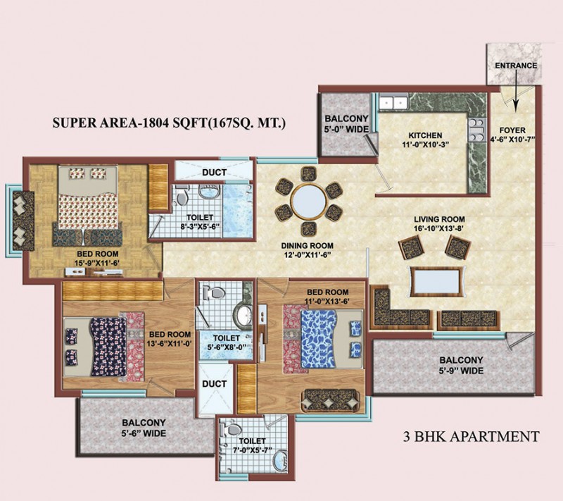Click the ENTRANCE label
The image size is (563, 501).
tap(516, 66)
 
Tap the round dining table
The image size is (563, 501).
tap(309, 202)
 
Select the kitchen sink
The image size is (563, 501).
tap(393, 102)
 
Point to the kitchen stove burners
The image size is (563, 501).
tap(476, 130)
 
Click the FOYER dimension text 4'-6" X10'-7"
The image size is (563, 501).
tap(512, 140)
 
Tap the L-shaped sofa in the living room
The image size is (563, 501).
tap(401, 308)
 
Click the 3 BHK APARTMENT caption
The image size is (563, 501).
tap(471, 436)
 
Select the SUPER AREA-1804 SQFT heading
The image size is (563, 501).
tap(169, 123)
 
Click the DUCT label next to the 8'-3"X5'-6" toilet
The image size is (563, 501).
tap(214, 173)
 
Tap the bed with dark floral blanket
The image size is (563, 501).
tap(104, 347)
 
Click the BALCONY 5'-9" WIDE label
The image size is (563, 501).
tap(462, 365)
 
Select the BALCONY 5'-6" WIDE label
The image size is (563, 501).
tap(144, 428)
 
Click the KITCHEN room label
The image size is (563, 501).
tap(425, 135)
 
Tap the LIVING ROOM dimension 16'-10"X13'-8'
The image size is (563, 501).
tap(439, 228)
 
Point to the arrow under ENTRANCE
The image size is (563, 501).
tap(516, 90)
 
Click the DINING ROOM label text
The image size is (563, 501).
tap(307, 246)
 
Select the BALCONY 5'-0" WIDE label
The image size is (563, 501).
tap(346, 124)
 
